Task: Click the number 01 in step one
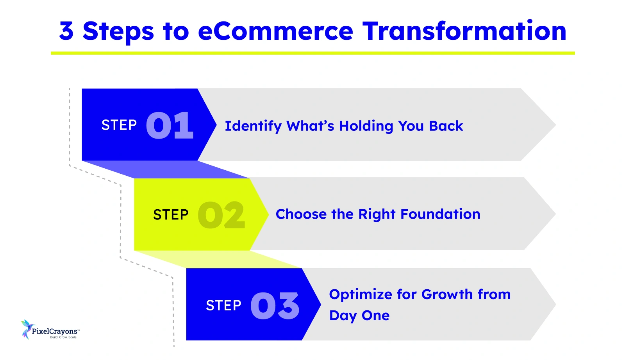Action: point(170,126)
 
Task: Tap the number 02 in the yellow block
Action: point(221,215)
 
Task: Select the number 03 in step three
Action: point(275,306)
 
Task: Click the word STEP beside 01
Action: point(119,125)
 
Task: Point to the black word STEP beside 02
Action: point(171,215)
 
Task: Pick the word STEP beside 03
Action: point(223,305)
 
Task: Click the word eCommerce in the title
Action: point(275,31)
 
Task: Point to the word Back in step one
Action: point(446,126)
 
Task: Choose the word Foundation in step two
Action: point(440,214)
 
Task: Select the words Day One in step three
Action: point(359,315)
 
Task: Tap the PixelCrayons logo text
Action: point(55,331)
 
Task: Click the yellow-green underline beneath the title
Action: point(312,53)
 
